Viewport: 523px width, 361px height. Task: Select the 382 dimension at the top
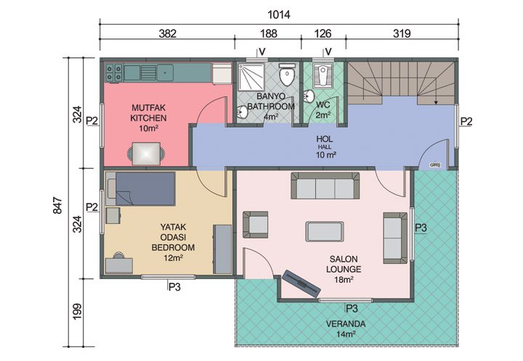[167, 33]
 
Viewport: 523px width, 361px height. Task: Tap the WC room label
[323, 108]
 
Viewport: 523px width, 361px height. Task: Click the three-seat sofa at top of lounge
[325, 186]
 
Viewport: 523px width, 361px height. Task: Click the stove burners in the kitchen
[113, 72]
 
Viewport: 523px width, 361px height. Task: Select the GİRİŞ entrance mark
[436, 164]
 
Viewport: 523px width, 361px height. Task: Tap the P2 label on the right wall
[466, 121]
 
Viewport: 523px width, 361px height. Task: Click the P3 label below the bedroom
[174, 286]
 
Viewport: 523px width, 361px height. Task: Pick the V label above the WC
[328, 51]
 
